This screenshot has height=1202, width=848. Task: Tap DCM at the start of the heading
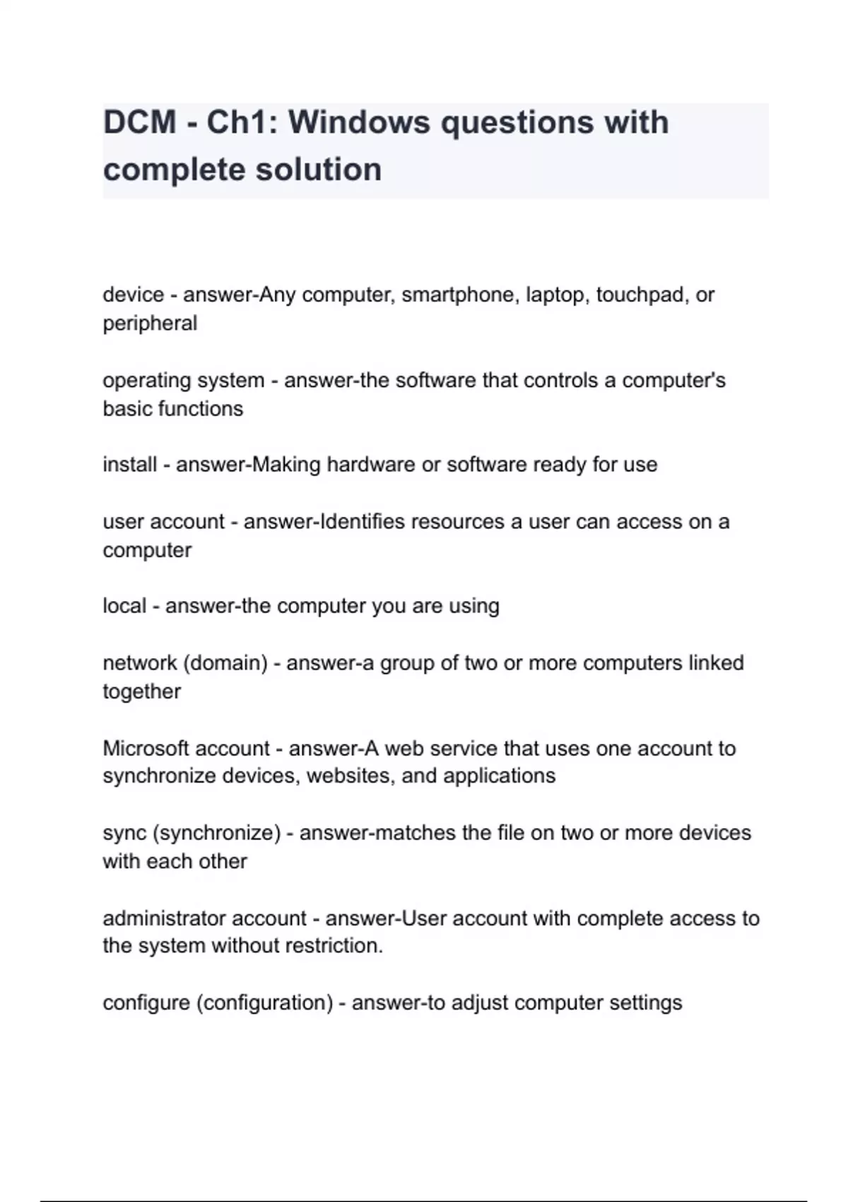139,122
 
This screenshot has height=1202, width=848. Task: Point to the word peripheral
150,323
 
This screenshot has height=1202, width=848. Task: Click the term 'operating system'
183,380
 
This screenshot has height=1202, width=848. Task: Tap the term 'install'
129,465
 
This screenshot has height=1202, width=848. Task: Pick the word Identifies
363,522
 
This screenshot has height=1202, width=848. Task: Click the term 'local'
124,606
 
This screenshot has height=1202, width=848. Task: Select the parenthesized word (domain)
225,663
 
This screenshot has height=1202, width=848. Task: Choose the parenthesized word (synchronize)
216,833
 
